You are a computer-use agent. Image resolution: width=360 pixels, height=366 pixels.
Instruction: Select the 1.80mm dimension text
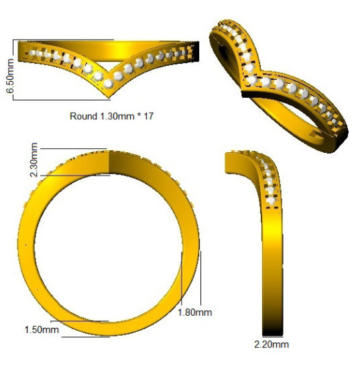click(x=195, y=312)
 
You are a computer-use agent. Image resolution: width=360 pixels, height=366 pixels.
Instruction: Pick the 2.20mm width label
click(x=272, y=345)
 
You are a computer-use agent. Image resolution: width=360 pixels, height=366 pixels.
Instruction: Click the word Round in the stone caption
click(x=83, y=116)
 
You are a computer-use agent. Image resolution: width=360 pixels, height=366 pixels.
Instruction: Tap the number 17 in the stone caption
click(x=149, y=116)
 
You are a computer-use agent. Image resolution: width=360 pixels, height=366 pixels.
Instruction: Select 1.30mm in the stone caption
click(x=117, y=116)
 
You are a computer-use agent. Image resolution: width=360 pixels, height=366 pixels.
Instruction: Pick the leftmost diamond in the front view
click(x=31, y=50)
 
